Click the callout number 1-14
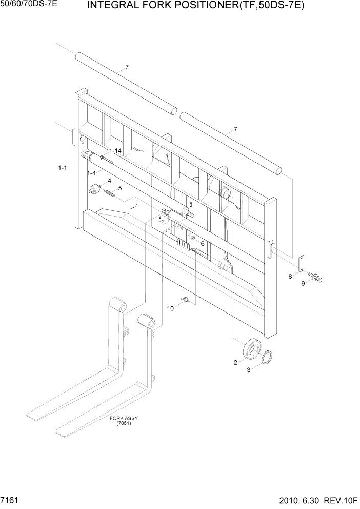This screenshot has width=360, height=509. click(115, 151)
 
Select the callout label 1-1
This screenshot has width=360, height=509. click(63, 168)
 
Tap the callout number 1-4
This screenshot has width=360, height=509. click(92, 173)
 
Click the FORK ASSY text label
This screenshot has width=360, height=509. click(124, 418)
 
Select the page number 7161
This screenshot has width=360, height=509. click(10, 499)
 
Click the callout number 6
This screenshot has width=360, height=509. click(203, 244)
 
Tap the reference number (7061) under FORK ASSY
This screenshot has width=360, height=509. click(124, 423)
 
